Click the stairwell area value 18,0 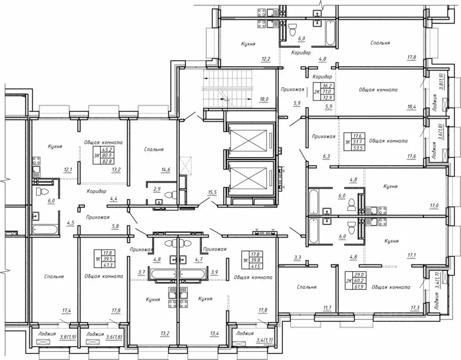[264, 100]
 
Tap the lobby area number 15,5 [212, 192]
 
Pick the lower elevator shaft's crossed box [248, 178]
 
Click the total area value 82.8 [108, 161]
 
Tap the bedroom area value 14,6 [166, 169]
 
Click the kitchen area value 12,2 [266, 59]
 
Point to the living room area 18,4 [412, 107]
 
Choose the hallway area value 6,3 [326, 157]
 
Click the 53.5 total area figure [359, 147]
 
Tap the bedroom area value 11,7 [327, 308]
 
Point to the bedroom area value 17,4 [67, 310]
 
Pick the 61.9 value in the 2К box [361, 286]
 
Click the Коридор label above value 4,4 [96, 191]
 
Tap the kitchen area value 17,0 [434, 206]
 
